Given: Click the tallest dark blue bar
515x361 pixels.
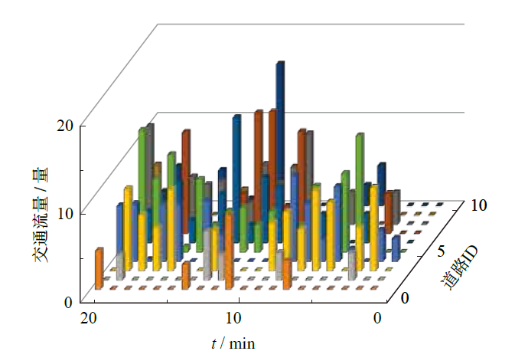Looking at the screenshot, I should coord(280,130).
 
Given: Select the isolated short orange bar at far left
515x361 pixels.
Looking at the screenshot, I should coord(99,268).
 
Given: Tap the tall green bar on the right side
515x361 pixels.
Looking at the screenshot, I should coord(359,176).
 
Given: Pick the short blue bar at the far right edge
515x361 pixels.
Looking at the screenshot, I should coord(395,247).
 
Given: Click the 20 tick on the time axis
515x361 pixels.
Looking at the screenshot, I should coord(87,317).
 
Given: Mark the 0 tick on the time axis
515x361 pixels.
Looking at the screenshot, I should coord(379,317).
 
